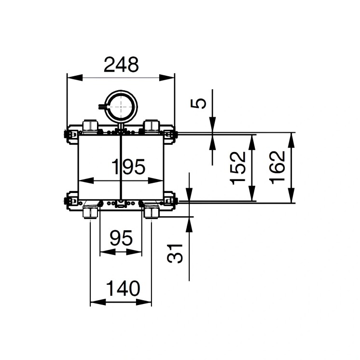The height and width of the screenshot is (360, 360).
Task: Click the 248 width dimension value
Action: [122, 64]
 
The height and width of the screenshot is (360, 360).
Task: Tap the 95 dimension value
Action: [121, 238]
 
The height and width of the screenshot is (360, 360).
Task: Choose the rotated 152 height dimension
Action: [238, 167]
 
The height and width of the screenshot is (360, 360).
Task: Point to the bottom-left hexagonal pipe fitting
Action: [90, 212]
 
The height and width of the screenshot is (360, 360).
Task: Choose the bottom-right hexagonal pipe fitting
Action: [151, 212]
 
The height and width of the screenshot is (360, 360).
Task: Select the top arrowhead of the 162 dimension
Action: [291, 137]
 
